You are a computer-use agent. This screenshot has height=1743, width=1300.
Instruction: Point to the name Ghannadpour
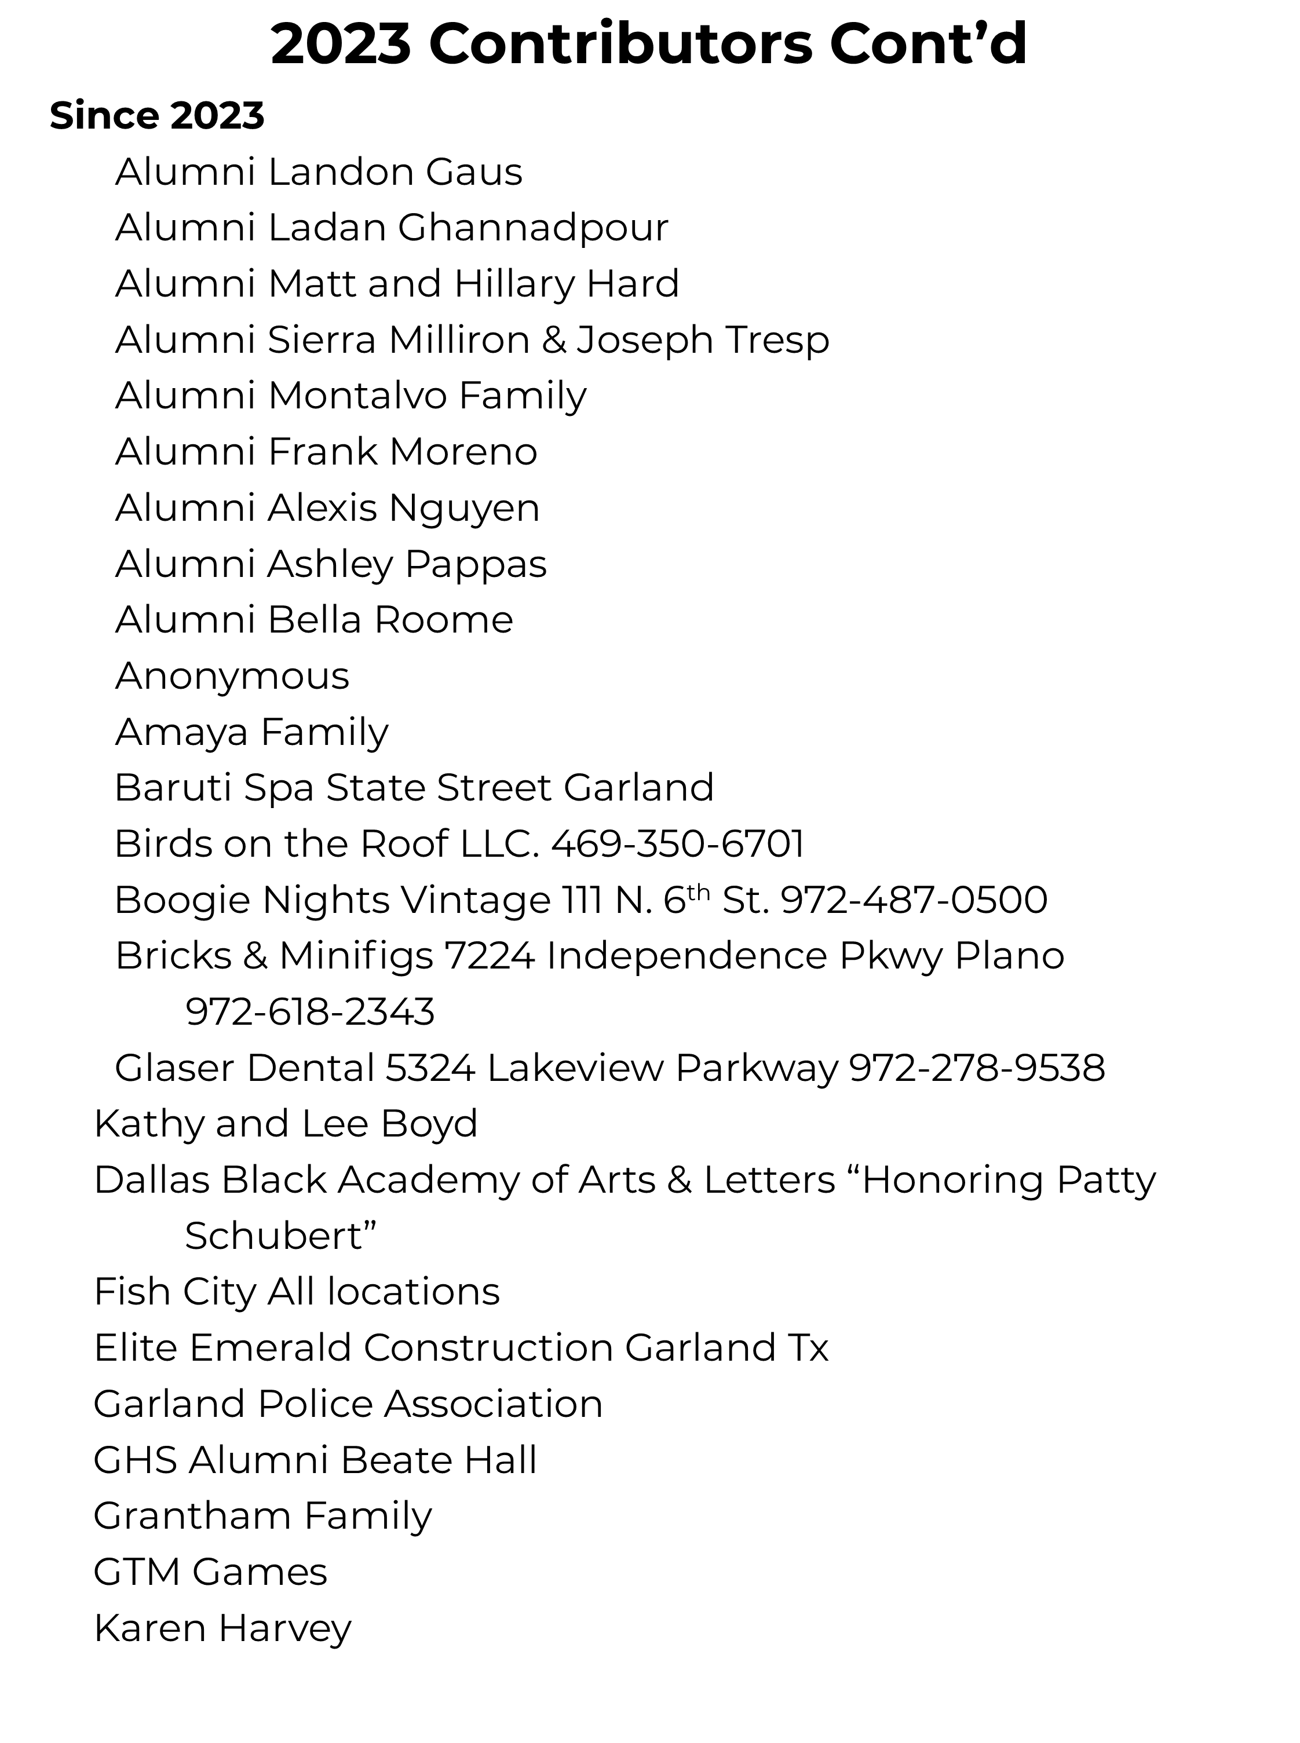[x=533, y=228]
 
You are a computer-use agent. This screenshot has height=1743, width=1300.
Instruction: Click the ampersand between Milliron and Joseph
[x=554, y=340]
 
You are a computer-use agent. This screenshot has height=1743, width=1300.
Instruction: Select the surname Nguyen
[x=463, y=507]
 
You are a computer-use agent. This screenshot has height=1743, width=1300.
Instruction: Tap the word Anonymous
[x=232, y=676]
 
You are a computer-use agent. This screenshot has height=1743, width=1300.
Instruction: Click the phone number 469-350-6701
[x=678, y=843]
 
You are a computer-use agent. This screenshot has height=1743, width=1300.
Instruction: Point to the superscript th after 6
[x=698, y=891]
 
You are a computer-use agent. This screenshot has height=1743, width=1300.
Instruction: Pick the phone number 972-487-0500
[x=914, y=900]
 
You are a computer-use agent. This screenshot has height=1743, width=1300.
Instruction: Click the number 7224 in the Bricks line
[x=490, y=956]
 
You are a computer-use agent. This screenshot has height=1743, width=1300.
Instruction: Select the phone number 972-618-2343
[x=310, y=1012]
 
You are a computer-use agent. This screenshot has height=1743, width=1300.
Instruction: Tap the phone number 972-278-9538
[x=977, y=1068]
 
